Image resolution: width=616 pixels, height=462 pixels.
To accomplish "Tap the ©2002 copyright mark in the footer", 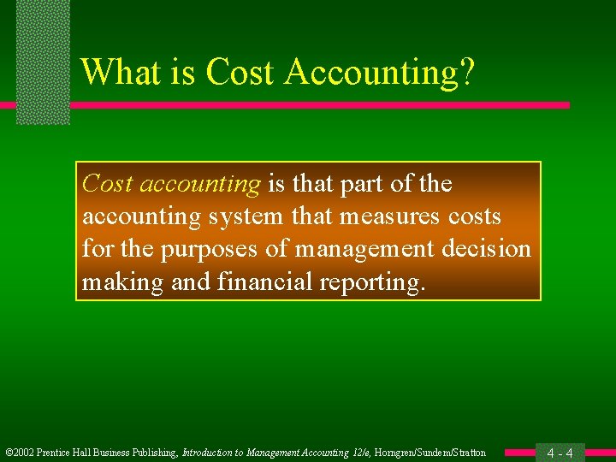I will click(x=20, y=453).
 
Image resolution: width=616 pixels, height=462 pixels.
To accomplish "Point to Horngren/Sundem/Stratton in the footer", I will click(x=430, y=453).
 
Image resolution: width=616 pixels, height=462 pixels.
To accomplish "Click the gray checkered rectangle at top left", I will click(x=43, y=60).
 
